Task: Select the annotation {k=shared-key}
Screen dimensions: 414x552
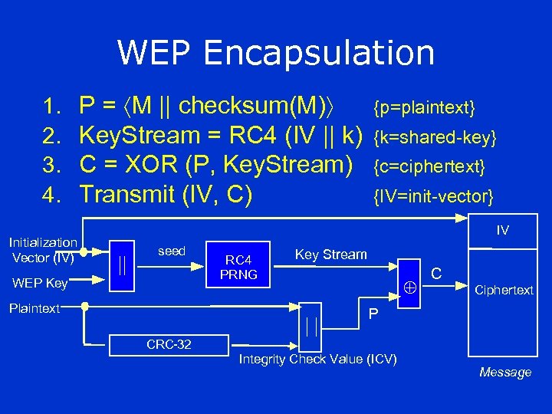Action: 435,137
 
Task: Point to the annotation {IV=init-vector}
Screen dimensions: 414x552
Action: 432,198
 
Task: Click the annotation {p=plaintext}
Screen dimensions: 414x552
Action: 424,106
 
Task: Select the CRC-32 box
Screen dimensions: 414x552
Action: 169,345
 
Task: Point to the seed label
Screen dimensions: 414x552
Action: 171,251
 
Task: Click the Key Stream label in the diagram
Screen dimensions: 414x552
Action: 331,255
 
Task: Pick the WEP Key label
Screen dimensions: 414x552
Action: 41,284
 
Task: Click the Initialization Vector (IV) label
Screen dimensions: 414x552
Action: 43,250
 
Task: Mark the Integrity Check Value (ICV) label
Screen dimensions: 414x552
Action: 318,360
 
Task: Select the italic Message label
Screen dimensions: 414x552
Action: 504,373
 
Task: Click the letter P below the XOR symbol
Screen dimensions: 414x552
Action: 373,314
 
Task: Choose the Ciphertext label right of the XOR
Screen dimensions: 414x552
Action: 504,290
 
